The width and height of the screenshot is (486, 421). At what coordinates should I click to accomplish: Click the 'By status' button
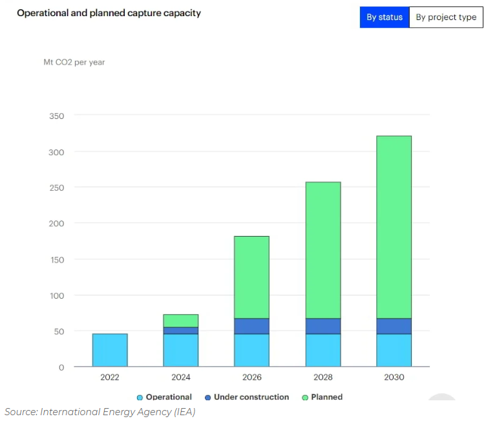coord(385,17)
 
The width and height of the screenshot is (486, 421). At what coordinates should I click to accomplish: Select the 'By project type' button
coord(446,17)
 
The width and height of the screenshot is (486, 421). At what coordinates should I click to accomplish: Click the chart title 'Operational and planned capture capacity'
coord(109,13)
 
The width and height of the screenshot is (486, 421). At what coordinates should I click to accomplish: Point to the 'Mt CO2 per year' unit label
coord(74,63)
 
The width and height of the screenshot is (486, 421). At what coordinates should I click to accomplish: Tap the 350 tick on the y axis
coord(56,116)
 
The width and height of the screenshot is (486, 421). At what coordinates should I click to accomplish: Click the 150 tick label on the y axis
coord(56,259)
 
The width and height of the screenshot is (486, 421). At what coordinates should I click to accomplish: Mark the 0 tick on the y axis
coord(61,367)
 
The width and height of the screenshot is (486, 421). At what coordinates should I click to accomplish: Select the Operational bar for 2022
coord(110,350)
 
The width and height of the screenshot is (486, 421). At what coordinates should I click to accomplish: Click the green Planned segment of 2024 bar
coord(181,321)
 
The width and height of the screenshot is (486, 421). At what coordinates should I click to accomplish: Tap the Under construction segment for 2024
coord(181,330)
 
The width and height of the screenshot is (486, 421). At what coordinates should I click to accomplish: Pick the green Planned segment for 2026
coord(252,277)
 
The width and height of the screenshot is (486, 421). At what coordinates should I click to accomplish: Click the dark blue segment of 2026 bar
coord(252,326)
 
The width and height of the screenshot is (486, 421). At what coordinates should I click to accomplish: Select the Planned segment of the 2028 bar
coord(323,250)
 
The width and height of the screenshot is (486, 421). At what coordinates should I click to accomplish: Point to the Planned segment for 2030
coord(394,227)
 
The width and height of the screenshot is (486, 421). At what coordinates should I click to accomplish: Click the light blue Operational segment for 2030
coord(394,350)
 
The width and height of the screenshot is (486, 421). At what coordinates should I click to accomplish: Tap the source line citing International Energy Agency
coord(100,412)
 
